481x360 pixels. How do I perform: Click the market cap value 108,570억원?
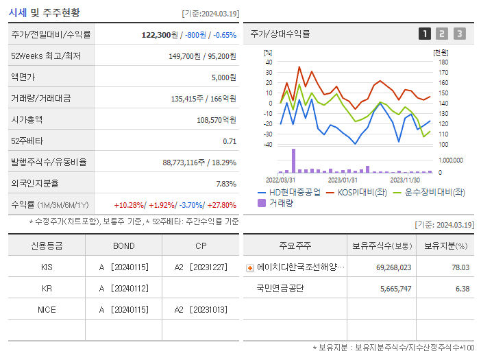coord(216,119)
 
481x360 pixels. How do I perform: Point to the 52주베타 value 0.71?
coord(230,141)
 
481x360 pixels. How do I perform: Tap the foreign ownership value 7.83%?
coord(225,183)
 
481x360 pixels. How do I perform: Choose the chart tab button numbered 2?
coord(442,34)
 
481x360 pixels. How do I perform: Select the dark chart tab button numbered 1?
coord(425,34)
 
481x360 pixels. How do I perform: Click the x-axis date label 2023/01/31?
coord(343,180)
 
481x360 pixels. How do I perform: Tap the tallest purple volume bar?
coord(293,160)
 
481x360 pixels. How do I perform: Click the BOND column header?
coord(124,245)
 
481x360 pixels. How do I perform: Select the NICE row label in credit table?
coord(47,309)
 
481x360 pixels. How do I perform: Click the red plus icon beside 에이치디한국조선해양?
coord(250,267)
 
